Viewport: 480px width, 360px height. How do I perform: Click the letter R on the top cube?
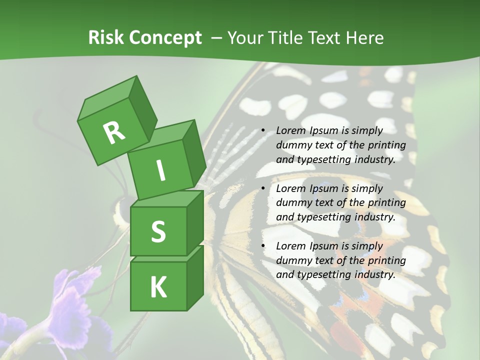pos(114,132)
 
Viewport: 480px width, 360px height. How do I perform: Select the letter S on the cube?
pos(158,231)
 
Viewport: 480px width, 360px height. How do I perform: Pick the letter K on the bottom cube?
pos(158,287)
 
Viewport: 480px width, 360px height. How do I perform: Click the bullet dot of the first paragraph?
pos(263,131)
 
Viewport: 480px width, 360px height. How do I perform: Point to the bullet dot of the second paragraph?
pos(263,188)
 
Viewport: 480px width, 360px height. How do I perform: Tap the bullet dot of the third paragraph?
pos(263,246)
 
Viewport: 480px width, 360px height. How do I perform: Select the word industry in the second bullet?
pos(374,217)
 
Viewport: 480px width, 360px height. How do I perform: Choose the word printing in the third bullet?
pos(386,260)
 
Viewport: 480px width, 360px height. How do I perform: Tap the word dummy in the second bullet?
pos(293,203)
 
